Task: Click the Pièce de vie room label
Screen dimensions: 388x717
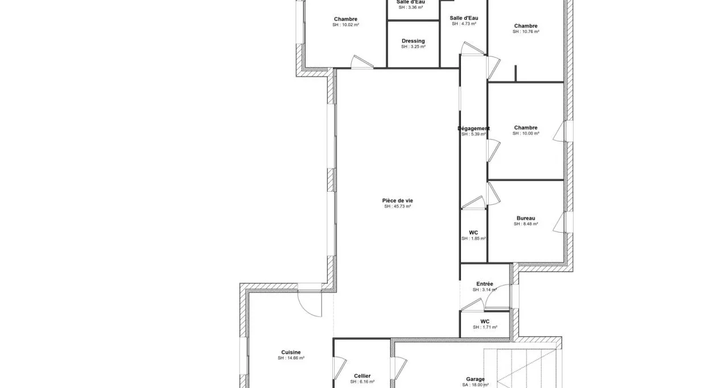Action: click(x=397, y=200)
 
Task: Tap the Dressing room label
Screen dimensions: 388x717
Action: click(x=413, y=41)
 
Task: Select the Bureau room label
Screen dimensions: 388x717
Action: click(x=526, y=218)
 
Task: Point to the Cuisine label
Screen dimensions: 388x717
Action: click(x=291, y=352)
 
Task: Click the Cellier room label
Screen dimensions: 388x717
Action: click(x=362, y=376)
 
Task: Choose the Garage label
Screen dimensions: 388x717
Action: click(x=475, y=379)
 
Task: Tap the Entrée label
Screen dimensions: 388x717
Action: click(x=485, y=284)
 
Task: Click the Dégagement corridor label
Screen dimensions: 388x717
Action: click(x=473, y=129)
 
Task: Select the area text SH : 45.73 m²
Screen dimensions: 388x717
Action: click(x=397, y=207)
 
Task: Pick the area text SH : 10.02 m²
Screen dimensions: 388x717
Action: click(x=345, y=25)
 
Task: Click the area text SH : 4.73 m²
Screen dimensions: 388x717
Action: click(x=464, y=24)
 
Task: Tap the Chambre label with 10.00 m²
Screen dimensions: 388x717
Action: click(x=526, y=128)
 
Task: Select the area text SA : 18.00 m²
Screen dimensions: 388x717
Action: click(x=475, y=385)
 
